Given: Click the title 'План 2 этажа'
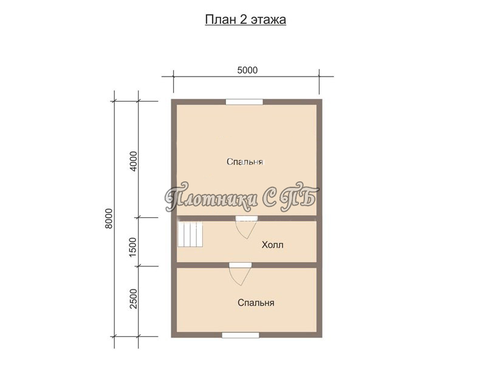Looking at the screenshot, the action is [x=245, y=19].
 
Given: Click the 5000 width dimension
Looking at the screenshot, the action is [x=247, y=71].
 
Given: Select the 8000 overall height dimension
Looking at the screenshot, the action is [x=109, y=218].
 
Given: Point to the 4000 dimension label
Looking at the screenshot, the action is [x=133, y=161].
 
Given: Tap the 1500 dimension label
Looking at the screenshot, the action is [x=132, y=247].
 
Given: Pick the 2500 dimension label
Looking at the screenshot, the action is [x=133, y=299].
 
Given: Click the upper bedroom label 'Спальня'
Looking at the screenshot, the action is [x=245, y=162].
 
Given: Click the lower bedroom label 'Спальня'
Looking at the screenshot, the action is [x=256, y=302].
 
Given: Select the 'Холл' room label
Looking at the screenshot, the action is [x=272, y=245].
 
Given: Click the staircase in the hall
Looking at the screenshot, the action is [x=190, y=234].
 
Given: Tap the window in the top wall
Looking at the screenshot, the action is [x=244, y=102].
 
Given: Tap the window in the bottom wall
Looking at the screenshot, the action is [x=241, y=335].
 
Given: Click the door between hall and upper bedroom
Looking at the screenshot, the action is [x=247, y=228].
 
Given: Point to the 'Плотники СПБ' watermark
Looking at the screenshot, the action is [x=242, y=196].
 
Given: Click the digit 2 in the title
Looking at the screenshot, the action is [x=242, y=19].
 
